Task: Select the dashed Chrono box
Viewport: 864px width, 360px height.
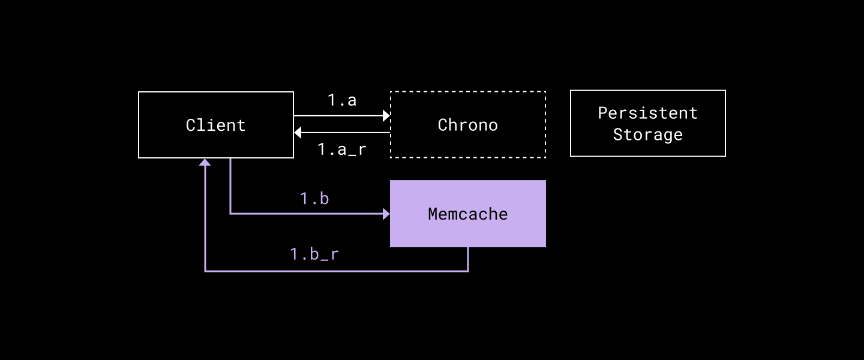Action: pos(468,144)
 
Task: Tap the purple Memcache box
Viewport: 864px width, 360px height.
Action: pos(468,231)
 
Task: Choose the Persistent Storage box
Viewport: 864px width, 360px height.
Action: pos(648,147)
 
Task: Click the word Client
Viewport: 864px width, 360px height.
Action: pos(216,125)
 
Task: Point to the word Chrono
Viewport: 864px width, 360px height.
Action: pos(468,125)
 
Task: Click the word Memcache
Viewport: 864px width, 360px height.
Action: pos(468,214)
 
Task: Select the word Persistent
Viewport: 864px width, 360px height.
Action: pos(648,113)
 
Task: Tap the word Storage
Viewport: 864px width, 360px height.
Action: pos(648,134)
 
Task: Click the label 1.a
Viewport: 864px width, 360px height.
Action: pos(342,100)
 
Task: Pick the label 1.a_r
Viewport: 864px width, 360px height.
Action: pos(342,149)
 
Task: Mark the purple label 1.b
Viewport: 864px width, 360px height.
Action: pos(314,198)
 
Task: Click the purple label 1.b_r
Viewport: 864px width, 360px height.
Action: pos(314,254)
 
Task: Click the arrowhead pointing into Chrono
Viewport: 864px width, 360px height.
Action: pos(386,115)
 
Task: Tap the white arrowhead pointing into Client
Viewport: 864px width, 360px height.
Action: pos(298,133)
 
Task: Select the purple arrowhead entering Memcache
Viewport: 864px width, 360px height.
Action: pos(386,213)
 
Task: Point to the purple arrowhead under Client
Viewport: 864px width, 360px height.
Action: pos(205,162)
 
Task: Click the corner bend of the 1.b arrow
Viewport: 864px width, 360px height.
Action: pos(230,213)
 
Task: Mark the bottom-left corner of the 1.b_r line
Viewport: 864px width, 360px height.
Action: pos(205,271)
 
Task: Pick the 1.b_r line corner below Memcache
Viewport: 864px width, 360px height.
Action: pos(468,271)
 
